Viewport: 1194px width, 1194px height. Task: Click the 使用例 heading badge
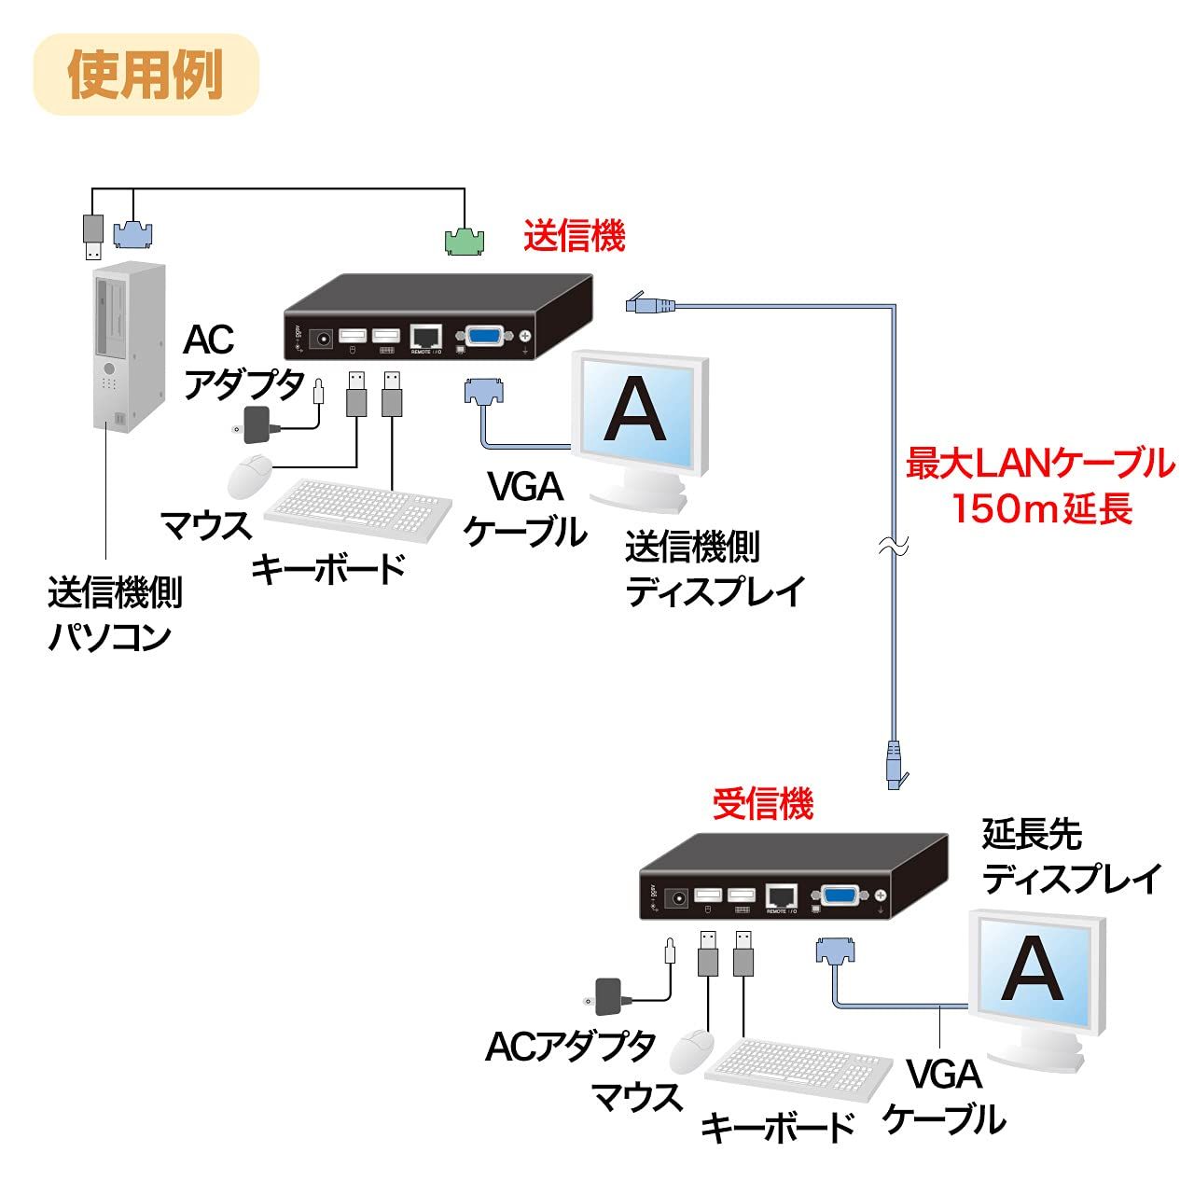click(x=146, y=75)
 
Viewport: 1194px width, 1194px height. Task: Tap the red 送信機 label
click(x=574, y=236)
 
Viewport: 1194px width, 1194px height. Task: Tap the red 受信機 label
click(x=762, y=803)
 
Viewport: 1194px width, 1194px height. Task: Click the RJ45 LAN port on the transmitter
click(x=426, y=337)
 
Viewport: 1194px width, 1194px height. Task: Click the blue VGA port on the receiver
click(x=840, y=896)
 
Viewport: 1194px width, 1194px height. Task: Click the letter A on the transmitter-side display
click(x=634, y=410)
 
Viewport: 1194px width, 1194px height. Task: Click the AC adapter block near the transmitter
click(x=257, y=424)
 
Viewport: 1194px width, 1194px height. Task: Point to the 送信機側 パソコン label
click(x=114, y=614)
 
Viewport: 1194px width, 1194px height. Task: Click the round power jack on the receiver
click(x=678, y=897)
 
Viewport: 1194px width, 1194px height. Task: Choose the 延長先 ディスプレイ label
click(x=1071, y=856)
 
